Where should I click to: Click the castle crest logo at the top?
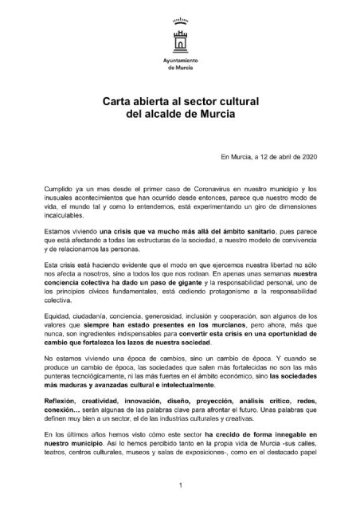[x=179, y=37]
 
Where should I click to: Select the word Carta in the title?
[x=119, y=102]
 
